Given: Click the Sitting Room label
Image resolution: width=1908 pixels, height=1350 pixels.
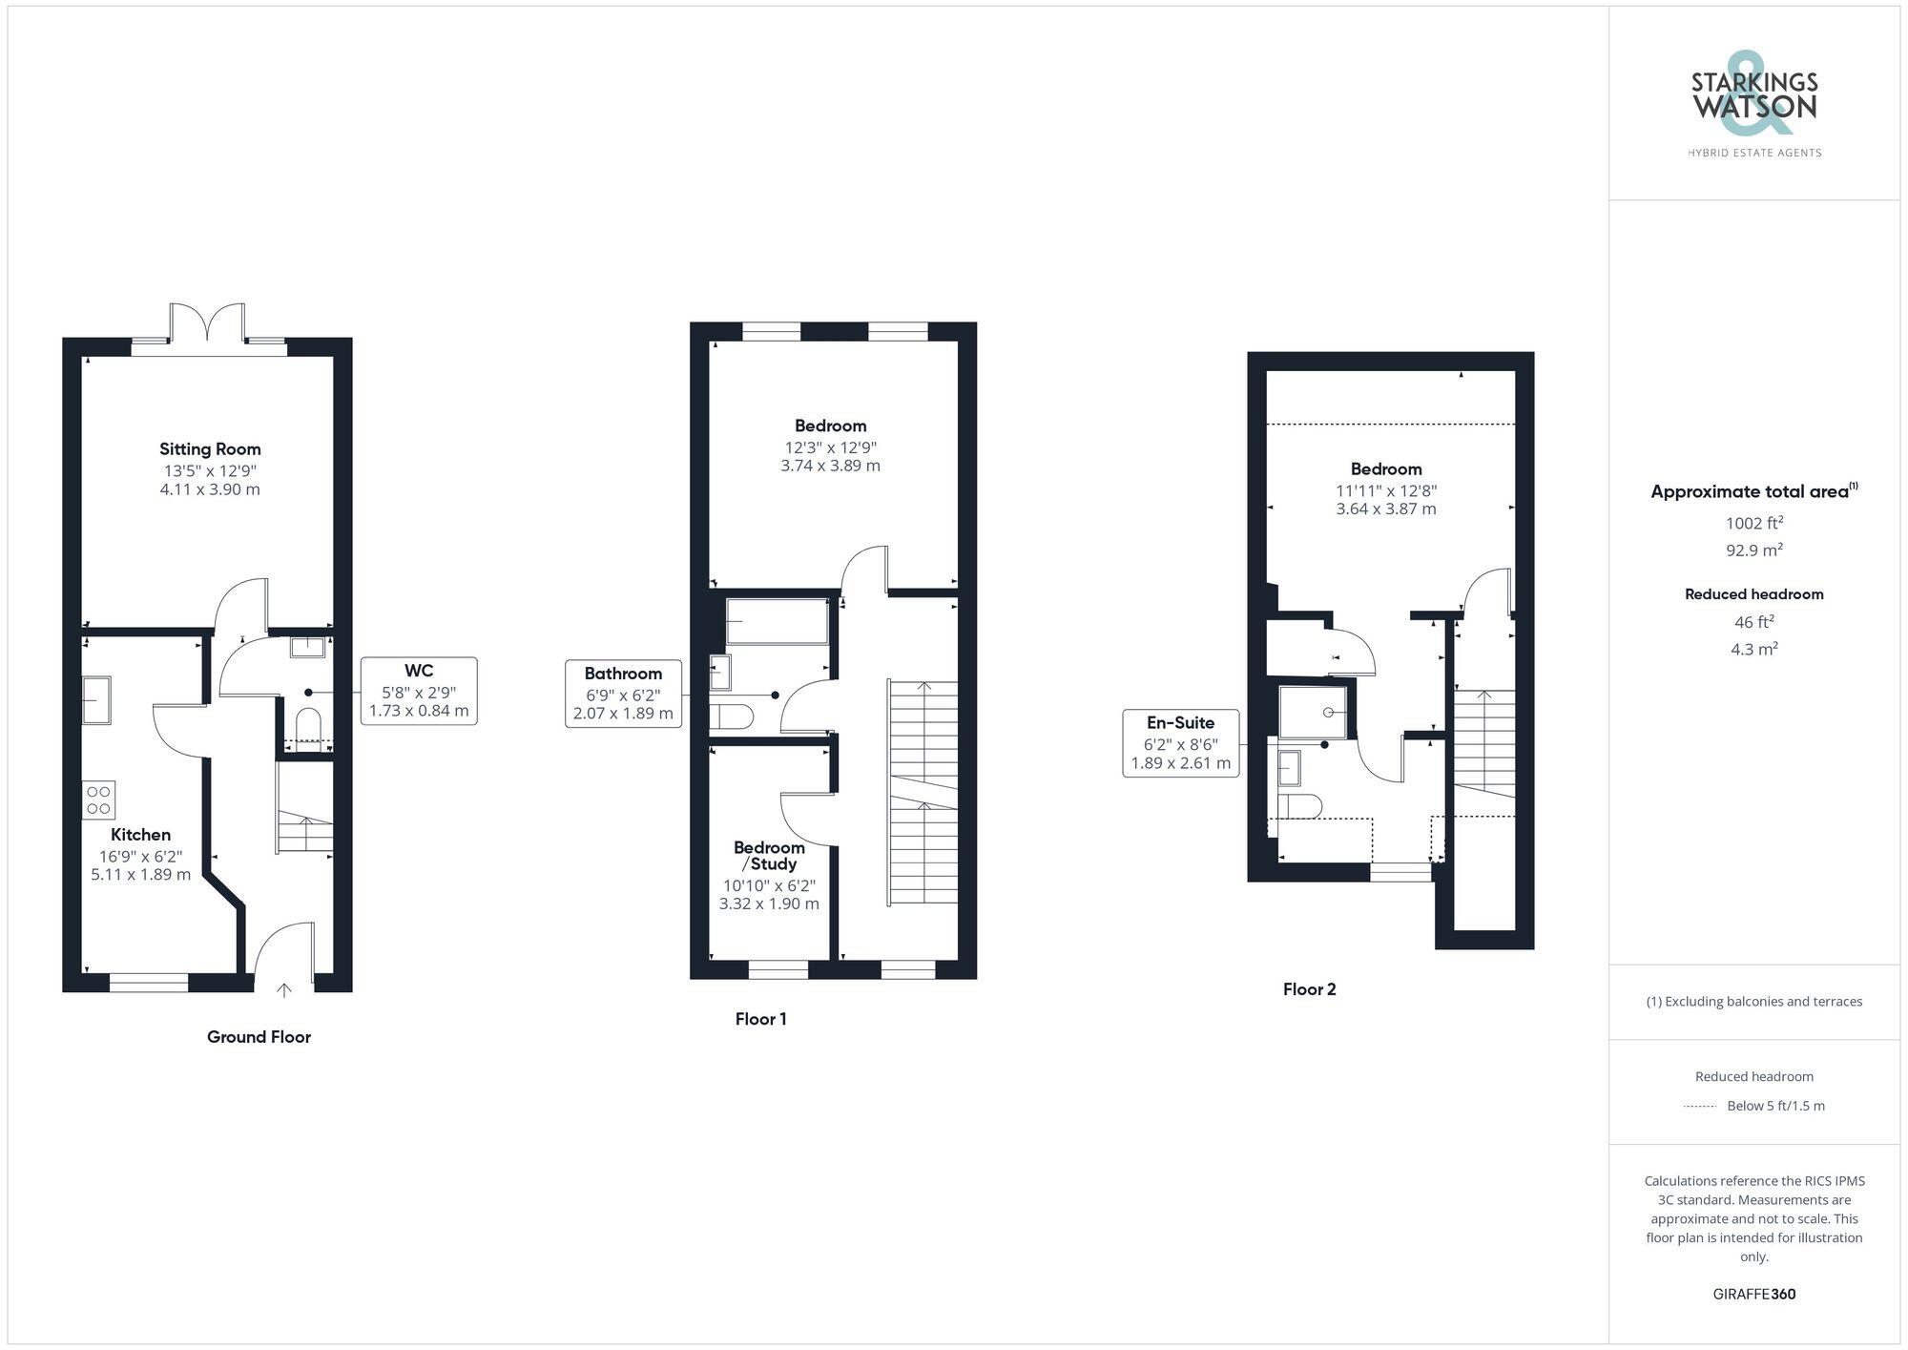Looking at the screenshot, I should pos(210,449).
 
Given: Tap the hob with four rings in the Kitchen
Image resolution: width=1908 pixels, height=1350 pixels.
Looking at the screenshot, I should pos(98,800).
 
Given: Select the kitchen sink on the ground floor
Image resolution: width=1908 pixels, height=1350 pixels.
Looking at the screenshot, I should pos(95,700).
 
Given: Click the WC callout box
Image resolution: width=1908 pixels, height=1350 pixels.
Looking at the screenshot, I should pos(419,691).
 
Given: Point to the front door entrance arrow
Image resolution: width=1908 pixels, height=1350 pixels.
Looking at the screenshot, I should pos(284,990).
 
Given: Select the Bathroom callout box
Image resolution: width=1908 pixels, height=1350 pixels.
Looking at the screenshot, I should pos(623,693).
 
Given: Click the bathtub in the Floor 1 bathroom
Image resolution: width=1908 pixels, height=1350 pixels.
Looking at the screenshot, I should pos(777,621).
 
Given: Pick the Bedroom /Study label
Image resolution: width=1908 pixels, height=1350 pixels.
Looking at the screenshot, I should pos(769,856).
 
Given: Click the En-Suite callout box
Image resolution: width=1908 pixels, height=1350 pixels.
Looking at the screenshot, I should pos(1180,742).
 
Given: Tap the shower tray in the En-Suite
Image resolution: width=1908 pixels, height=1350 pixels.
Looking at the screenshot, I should pos(1313,712).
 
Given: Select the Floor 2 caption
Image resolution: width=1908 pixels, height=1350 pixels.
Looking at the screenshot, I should pos(1309,989).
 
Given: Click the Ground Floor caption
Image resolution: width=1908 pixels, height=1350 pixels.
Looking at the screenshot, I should pos(259,1037).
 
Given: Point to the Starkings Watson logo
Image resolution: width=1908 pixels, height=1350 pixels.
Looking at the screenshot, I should pos(1754,105).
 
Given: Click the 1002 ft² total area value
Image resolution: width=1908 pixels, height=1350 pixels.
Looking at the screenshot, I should pos(1754,523).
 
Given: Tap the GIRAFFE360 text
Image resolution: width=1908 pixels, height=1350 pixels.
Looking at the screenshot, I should pos(1753,1295).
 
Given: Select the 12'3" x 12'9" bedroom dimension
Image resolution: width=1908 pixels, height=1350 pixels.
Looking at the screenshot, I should pos(830,447).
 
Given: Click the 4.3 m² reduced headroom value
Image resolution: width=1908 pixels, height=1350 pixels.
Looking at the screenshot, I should pos(1754,649).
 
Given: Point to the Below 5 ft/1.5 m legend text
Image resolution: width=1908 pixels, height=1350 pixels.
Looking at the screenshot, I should pos(1775,1106).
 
